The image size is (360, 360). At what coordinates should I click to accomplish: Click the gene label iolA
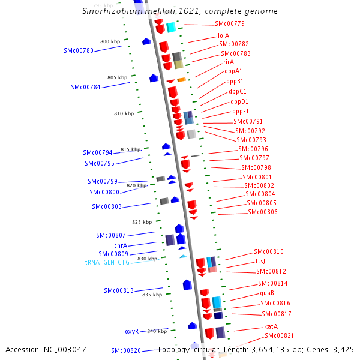223,35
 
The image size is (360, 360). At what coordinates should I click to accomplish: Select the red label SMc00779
230,24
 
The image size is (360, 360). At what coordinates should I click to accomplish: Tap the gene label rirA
229,62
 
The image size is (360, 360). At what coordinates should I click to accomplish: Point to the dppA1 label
233,71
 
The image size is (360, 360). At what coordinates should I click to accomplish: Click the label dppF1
241,111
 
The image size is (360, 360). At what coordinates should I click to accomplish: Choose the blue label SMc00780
79,51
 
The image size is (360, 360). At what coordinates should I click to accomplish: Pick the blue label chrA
121,245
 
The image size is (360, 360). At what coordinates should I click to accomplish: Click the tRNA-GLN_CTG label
107,262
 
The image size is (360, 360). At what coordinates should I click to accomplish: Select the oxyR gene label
132,331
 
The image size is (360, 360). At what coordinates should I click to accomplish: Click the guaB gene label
267,293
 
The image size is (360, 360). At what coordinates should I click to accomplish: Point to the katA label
271,326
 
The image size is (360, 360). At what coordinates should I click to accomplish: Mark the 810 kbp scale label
124,113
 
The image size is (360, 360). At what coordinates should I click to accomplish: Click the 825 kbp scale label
142,222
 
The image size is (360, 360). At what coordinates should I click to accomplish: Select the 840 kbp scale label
157,331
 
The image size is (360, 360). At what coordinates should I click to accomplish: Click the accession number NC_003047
46,349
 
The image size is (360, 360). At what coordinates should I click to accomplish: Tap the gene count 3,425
342,349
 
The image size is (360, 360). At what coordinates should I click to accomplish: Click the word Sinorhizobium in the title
106,11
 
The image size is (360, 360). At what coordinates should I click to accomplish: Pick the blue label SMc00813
119,290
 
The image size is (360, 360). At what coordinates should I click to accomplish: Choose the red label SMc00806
263,212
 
